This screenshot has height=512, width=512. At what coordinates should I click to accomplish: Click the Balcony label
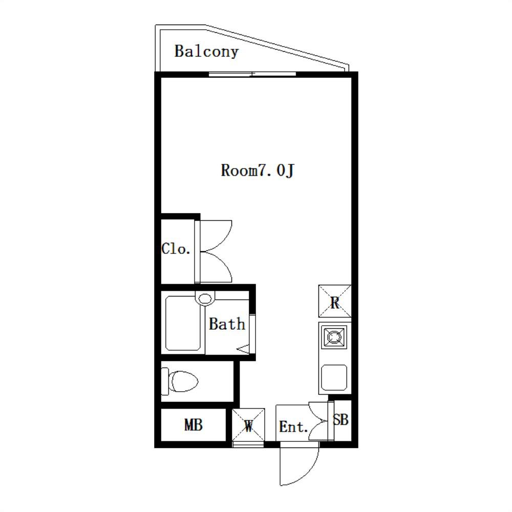click(x=206, y=52)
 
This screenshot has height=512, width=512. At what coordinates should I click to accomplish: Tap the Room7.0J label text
click(x=258, y=170)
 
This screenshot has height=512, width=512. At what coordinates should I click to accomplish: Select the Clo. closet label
click(x=176, y=249)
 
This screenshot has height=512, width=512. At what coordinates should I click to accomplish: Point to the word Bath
click(x=227, y=324)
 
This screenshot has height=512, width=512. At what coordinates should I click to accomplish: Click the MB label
click(x=194, y=425)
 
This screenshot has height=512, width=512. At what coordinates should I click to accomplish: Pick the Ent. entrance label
click(x=293, y=427)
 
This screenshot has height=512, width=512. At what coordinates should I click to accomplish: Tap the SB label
click(x=340, y=420)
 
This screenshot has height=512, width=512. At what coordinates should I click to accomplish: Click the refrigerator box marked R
click(x=335, y=301)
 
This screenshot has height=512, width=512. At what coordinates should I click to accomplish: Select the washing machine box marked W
click(x=248, y=424)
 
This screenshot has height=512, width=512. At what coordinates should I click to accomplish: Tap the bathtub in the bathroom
click(x=183, y=323)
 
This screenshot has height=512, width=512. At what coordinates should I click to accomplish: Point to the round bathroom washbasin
click(x=205, y=298)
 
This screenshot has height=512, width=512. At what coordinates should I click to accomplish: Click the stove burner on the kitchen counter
click(x=333, y=337)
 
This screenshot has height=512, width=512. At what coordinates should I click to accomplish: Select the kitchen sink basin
click(x=334, y=377)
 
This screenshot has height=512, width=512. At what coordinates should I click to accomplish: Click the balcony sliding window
click(x=252, y=74)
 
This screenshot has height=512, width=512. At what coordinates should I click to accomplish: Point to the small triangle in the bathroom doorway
click(x=243, y=349)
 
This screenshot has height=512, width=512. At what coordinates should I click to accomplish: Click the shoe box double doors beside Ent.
click(x=318, y=420)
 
